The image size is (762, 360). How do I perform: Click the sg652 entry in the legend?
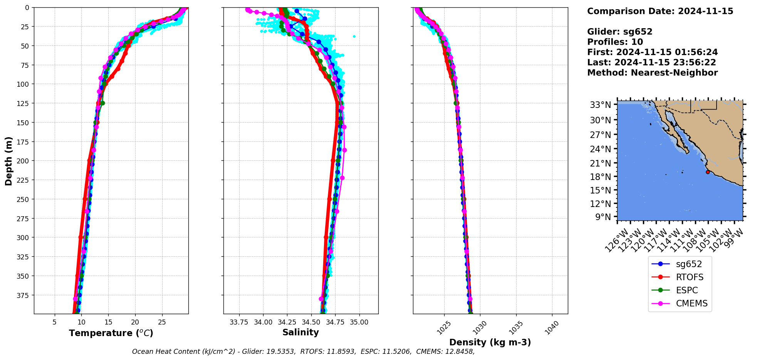click(689, 264)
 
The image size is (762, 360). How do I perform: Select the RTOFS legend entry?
click(690, 277)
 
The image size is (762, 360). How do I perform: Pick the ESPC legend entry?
click(687, 290)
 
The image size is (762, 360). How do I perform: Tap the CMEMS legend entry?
click(692, 303)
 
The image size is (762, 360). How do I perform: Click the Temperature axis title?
click(111, 333)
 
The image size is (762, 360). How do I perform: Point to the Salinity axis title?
click(300, 332)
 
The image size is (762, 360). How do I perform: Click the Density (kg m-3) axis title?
click(490, 342)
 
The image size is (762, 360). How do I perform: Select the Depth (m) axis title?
click(8, 161)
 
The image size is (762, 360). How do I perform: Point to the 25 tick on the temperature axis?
click(162, 322)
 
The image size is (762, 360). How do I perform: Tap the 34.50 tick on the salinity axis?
click(311, 322)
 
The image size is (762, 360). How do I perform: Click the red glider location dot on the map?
click(708, 172)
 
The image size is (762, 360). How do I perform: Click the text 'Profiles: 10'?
click(615, 42)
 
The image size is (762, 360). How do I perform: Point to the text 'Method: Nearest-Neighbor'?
click(652, 73)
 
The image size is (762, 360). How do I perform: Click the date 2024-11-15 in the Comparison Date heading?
click(705, 11)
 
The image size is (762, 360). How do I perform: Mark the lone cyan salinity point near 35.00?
click(354, 37)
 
